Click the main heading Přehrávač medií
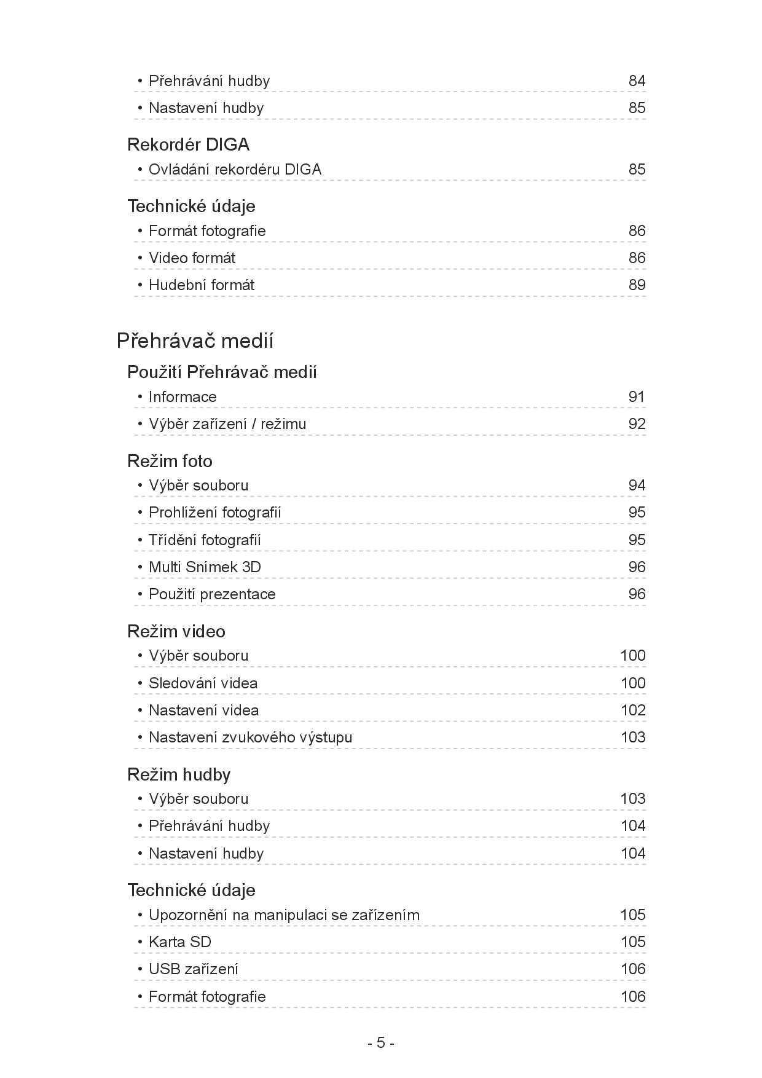pyautogui.click(x=195, y=340)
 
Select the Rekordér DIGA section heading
pyautogui.click(x=188, y=144)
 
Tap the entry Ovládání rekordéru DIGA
pyautogui.click(x=235, y=170)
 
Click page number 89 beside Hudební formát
pyautogui.click(x=637, y=285)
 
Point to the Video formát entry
pyautogui.click(x=192, y=258)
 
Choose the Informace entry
pyautogui.click(x=183, y=397)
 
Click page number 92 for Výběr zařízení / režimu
pyautogui.click(x=637, y=424)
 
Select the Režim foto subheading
pyautogui.click(x=170, y=461)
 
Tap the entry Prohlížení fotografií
pyautogui.click(x=214, y=513)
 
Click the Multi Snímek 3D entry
pyautogui.click(x=205, y=567)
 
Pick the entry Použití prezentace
pyautogui.click(x=212, y=594)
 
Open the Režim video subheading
pyautogui.click(x=176, y=631)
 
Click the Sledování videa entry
pyautogui.click(x=203, y=683)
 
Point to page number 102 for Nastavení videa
pyautogui.click(x=633, y=710)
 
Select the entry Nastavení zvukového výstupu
pyautogui.click(x=250, y=738)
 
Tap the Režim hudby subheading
pyautogui.click(x=179, y=774)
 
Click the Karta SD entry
pyautogui.click(x=179, y=942)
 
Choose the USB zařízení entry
pyautogui.click(x=193, y=969)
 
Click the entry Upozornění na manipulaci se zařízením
pyautogui.click(x=284, y=915)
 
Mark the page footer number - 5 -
pyautogui.click(x=381, y=1043)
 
